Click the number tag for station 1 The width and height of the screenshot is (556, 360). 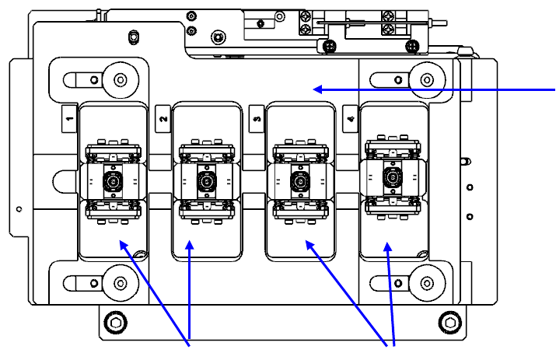pyautogui.click(x=70, y=119)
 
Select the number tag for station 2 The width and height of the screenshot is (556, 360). pyautogui.click(x=163, y=119)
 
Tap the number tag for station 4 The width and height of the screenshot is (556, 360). pyautogui.click(x=351, y=119)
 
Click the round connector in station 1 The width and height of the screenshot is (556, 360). pyautogui.click(x=114, y=183)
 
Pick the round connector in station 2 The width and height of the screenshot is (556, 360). pyautogui.click(x=206, y=183)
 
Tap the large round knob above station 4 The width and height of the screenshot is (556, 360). pyautogui.click(x=425, y=79)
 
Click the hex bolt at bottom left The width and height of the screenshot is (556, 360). pyautogui.click(x=117, y=323)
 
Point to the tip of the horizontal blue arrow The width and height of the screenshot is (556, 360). pyautogui.click(x=314, y=89)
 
